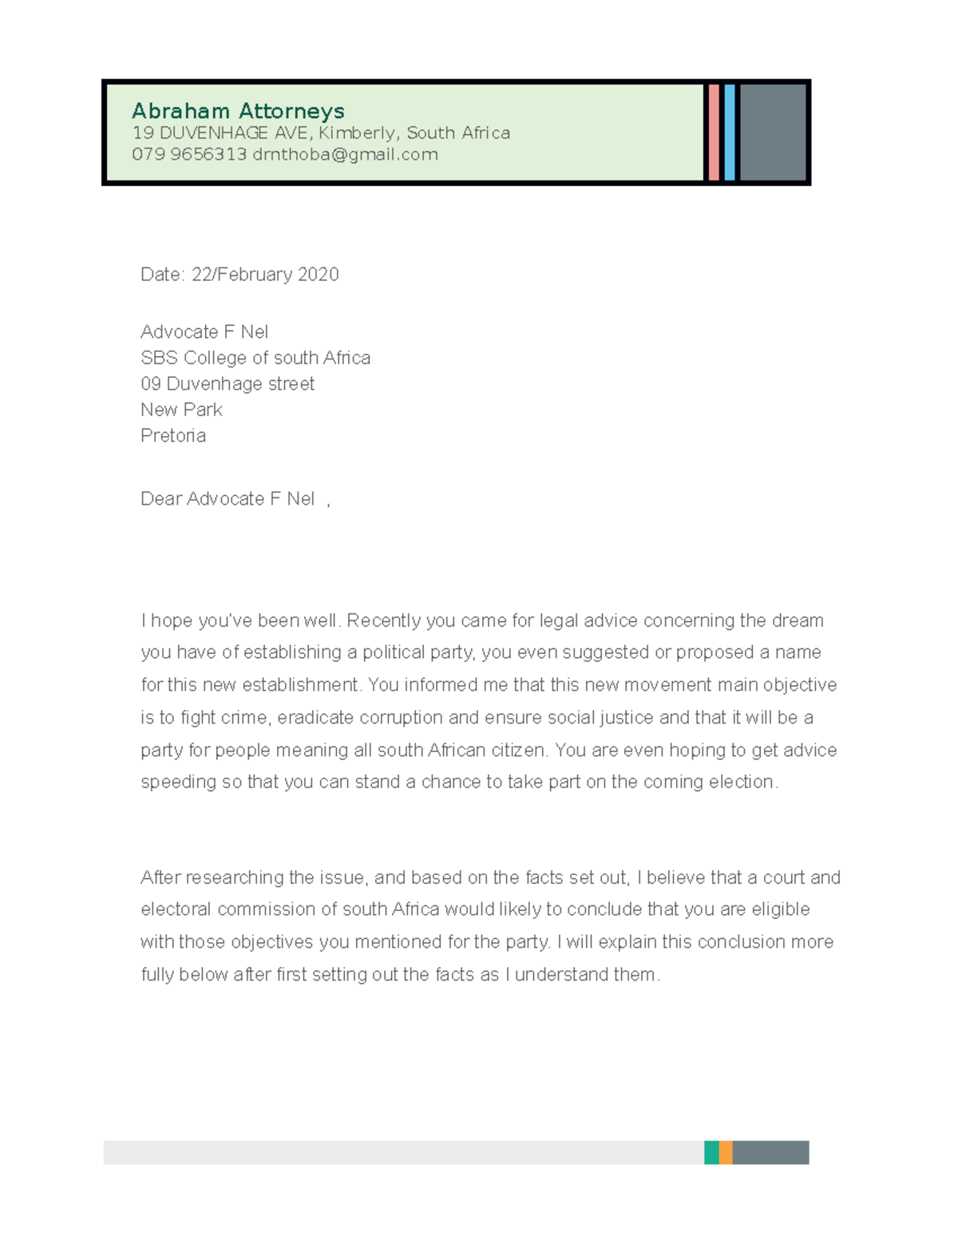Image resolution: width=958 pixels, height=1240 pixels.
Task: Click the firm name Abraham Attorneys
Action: pyautogui.click(x=238, y=110)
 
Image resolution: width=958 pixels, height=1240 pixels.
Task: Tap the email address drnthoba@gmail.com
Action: pyautogui.click(x=345, y=154)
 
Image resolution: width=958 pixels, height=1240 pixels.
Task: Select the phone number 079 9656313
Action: pyautogui.click(x=189, y=154)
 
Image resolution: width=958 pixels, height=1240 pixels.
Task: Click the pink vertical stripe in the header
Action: pyautogui.click(x=714, y=133)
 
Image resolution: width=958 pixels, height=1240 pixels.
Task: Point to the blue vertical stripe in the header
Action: pyautogui.click(x=730, y=133)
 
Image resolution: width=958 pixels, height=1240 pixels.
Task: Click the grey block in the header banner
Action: pyautogui.click(x=772, y=133)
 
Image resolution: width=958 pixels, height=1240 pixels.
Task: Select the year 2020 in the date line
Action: pyautogui.click(x=318, y=275)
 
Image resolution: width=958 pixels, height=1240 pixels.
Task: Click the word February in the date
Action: pyautogui.click(x=254, y=275)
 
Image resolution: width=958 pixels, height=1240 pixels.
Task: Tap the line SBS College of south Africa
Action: pyautogui.click(x=255, y=358)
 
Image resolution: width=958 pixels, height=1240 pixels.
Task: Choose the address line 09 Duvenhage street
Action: pyautogui.click(x=228, y=384)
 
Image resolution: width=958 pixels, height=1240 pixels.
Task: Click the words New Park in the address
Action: pyautogui.click(x=181, y=410)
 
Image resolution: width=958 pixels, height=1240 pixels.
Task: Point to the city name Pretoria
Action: pyautogui.click(x=173, y=436)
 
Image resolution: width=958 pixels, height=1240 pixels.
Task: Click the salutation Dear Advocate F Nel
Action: pyautogui.click(x=228, y=499)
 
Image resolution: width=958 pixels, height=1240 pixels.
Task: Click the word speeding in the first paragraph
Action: pyautogui.click(x=178, y=782)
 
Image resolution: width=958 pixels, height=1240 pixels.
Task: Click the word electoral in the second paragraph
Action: pyautogui.click(x=176, y=909)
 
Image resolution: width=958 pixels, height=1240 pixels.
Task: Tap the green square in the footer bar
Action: pyautogui.click(x=711, y=1152)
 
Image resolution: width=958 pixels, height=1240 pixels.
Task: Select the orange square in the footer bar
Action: pyautogui.click(x=726, y=1152)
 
